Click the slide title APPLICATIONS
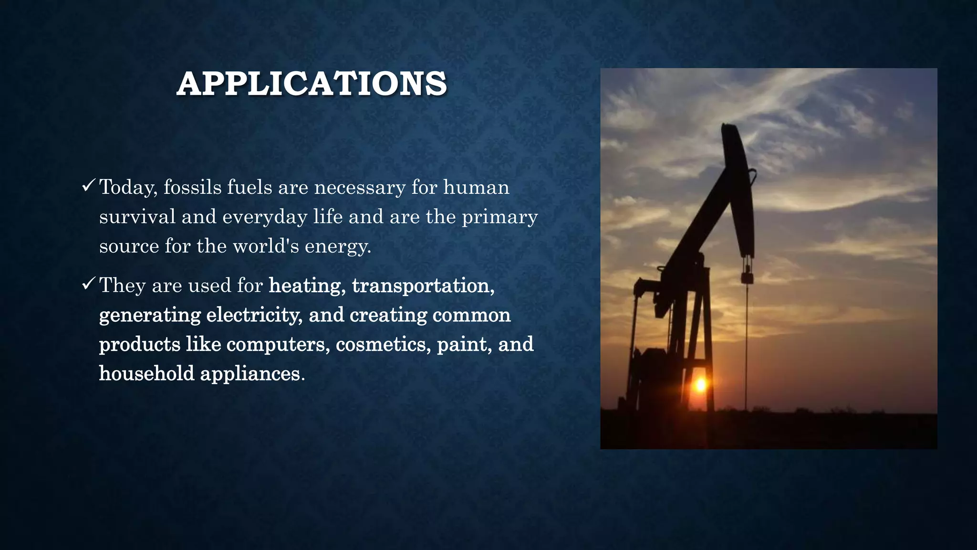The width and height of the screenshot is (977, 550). click(x=312, y=84)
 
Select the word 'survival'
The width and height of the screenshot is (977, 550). click(x=137, y=217)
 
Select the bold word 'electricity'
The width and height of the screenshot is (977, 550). click(x=254, y=315)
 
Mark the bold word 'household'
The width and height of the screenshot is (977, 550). click(x=146, y=373)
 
